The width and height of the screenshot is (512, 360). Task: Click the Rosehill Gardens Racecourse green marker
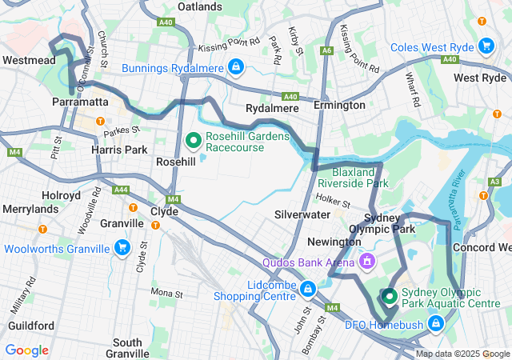point(193,142)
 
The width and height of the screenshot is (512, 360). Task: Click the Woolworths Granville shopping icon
point(122,249)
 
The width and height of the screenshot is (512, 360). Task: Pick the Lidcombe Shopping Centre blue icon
point(307,287)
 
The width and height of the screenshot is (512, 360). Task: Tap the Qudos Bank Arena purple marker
point(367,261)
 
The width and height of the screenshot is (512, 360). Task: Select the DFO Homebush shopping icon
point(436,324)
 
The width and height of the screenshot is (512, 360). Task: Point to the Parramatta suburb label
point(79,103)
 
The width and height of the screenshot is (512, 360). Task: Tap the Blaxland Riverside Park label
point(350,177)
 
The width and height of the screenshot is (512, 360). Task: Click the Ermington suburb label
point(339,105)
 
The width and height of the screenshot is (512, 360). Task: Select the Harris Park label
point(119,150)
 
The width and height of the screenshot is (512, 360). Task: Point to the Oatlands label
point(199,6)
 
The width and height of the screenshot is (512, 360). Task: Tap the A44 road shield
point(121,190)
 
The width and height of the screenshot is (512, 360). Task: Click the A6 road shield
point(326,50)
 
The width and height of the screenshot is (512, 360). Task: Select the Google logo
point(26,350)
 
